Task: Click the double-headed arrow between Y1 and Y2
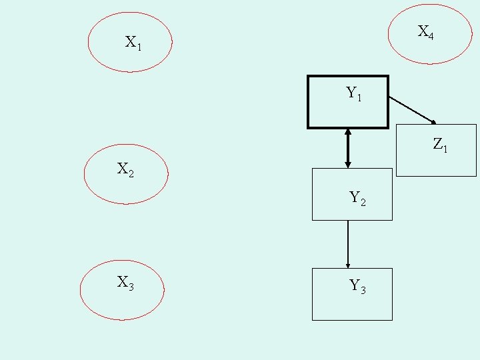click(x=347, y=148)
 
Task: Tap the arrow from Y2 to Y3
click(x=348, y=243)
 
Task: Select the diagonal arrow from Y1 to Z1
click(x=411, y=109)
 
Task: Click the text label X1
click(x=133, y=43)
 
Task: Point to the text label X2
click(x=125, y=170)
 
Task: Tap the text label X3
click(x=125, y=283)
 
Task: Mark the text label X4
click(x=426, y=32)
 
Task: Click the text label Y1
click(x=354, y=94)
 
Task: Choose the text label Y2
click(x=357, y=198)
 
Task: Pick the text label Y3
click(x=357, y=287)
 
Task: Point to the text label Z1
click(x=440, y=144)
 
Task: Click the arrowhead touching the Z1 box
click(x=433, y=122)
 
